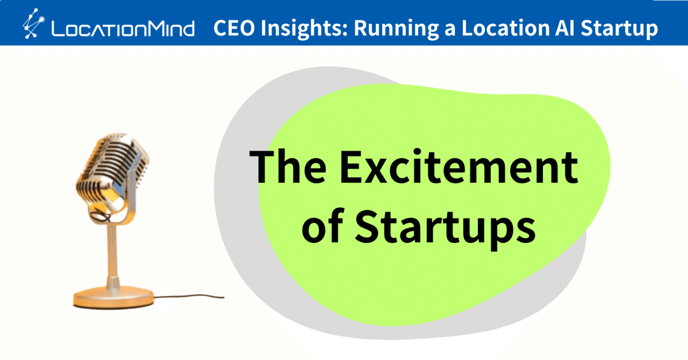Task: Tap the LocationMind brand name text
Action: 123,28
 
